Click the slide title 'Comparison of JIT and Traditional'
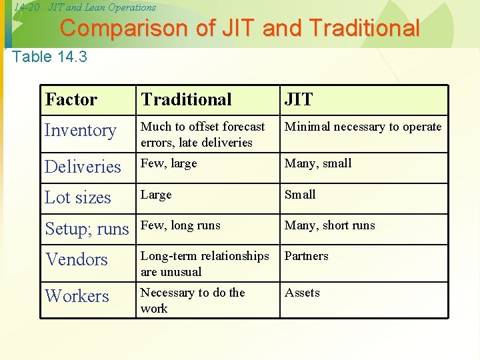pyautogui.click(x=240, y=29)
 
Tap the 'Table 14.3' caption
pyautogui.click(x=50, y=57)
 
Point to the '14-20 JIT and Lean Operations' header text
pyautogui.click(x=85, y=7)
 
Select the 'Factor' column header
pyautogui.click(x=71, y=100)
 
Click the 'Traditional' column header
pyautogui.click(x=186, y=100)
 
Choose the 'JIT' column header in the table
pyautogui.click(x=298, y=100)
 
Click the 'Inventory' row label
pyautogui.click(x=80, y=131)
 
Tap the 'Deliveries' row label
pyautogui.click(x=83, y=167)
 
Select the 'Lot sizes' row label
pyautogui.click(x=77, y=198)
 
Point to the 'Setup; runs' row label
pyautogui.click(x=87, y=229)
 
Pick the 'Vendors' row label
pyautogui.click(x=76, y=259)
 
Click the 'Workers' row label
pyautogui.click(x=77, y=296)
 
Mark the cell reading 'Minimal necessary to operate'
pyautogui.click(x=363, y=127)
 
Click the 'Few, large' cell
pyautogui.click(x=169, y=163)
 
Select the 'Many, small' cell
pyautogui.click(x=317, y=163)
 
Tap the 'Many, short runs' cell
pyautogui.click(x=329, y=225)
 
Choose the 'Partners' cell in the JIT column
pyautogui.click(x=306, y=256)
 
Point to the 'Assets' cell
pyautogui.click(x=302, y=293)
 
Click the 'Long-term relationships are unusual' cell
pyautogui.click(x=205, y=264)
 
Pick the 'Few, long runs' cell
pyautogui.click(x=180, y=225)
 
